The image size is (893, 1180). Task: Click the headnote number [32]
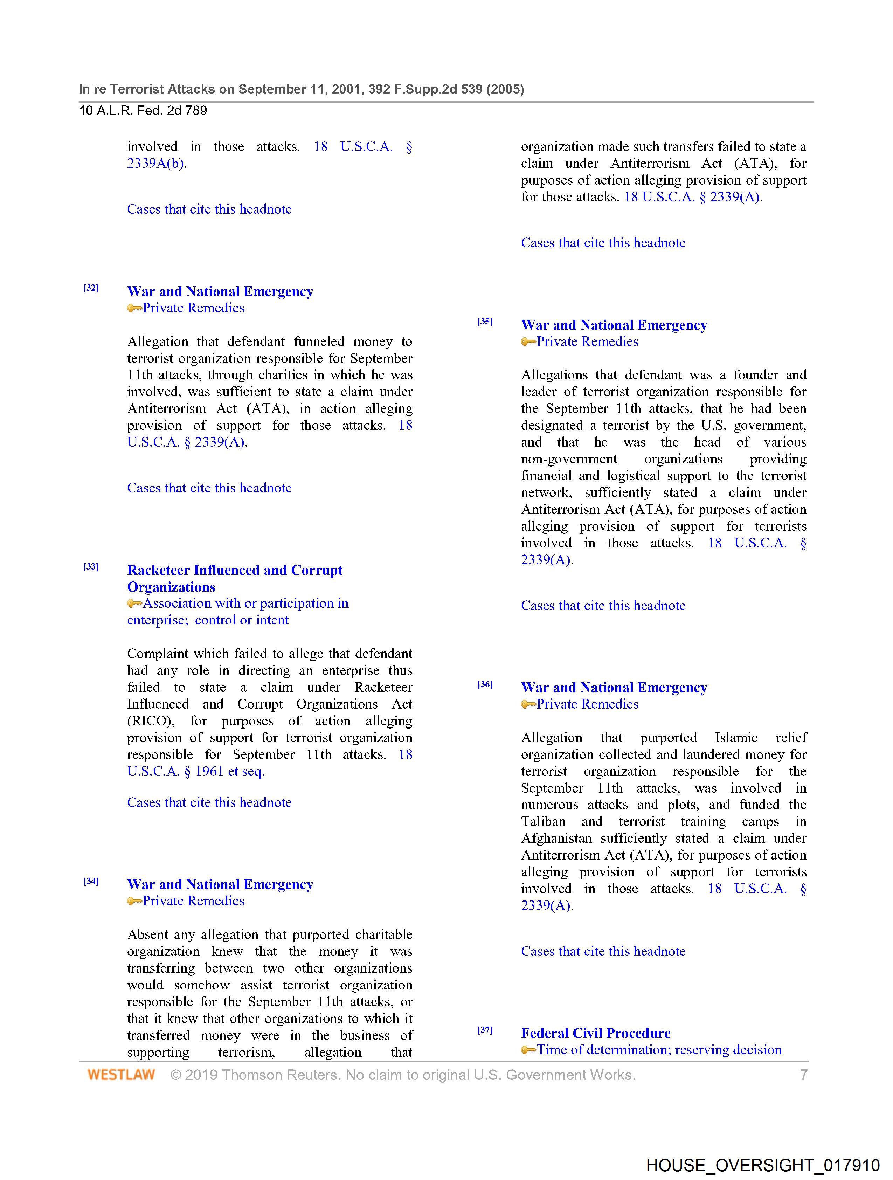click(91, 288)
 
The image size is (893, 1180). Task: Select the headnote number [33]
click(91, 567)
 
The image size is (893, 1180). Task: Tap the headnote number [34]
click(91, 881)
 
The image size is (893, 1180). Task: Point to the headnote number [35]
click(485, 322)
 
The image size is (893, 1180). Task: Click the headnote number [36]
click(485, 684)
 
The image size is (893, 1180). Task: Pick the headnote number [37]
click(485, 1030)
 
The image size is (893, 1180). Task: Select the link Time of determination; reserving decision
click(659, 1049)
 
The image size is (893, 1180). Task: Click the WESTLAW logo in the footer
click(121, 1074)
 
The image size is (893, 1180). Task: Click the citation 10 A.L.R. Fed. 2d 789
click(143, 110)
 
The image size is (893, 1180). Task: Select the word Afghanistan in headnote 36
click(556, 838)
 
